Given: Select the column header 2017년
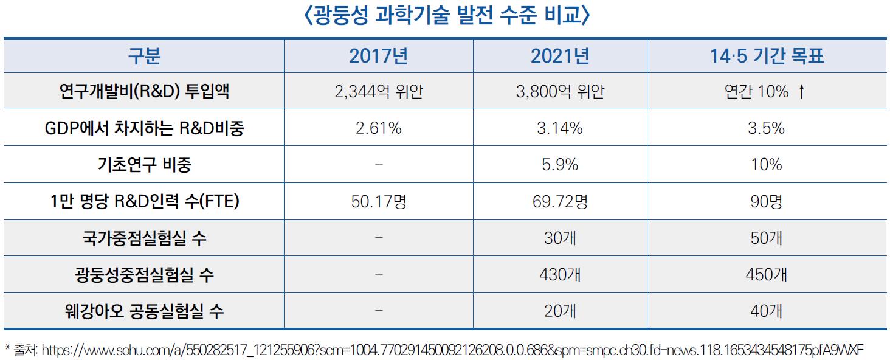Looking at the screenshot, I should click(x=378, y=56).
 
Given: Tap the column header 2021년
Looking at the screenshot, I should click(x=560, y=56).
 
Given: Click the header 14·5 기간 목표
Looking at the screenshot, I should click(x=767, y=56).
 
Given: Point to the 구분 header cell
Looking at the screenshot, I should click(x=144, y=56).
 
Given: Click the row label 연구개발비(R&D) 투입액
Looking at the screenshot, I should click(x=144, y=92).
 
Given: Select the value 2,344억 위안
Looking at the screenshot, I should click(x=378, y=92).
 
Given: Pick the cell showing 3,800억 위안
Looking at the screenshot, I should click(x=560, y=92).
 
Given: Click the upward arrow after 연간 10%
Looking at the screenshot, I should click(x=802, y=92).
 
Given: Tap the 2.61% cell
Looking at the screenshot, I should click(x=378, y=128).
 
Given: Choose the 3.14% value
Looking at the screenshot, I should click(x=560, y=128).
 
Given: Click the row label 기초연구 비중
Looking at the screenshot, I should click(x=144, y=165).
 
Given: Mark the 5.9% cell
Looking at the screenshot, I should click(x=560, y=165).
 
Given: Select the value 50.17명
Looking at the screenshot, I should click(x=378, y=201).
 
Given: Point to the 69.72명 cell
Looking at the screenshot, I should click(x=560, y=201).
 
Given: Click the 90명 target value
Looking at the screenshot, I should click(x=767, y=201).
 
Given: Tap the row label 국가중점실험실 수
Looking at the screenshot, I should click(x=144, y=238).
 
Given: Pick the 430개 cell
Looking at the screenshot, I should click(x=560, y=275).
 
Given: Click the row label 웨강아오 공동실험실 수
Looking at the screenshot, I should click(x=144, y=311).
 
